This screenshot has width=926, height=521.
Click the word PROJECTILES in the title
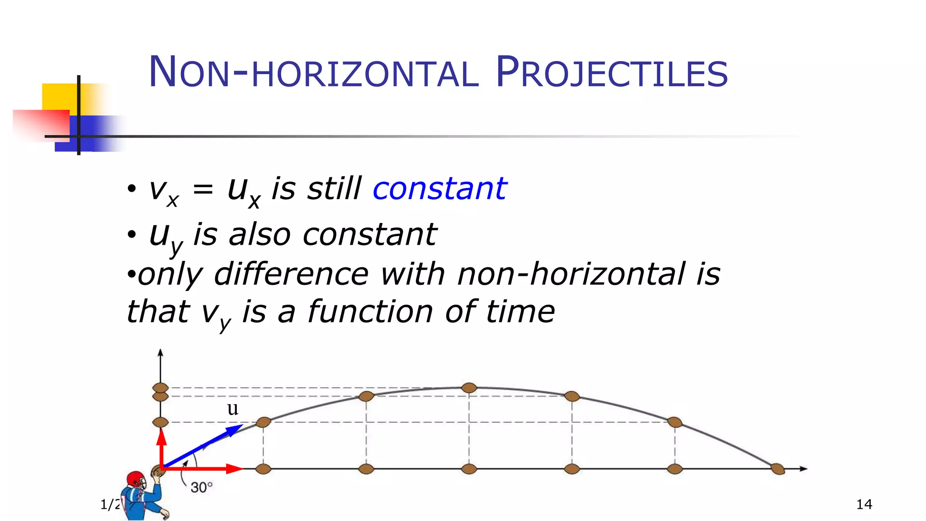[611, 72]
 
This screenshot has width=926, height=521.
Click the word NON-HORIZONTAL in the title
[313, 72]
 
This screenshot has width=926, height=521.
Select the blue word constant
[439, 189]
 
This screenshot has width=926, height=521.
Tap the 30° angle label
[201, 488]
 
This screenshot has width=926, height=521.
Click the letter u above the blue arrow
[232, 408]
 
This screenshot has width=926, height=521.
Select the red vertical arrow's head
[161, 436]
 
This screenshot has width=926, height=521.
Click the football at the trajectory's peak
[469, 388]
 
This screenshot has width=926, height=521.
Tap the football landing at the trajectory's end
[777, 469]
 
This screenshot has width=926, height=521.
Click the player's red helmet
[135, 479]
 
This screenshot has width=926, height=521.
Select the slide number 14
[864, 504]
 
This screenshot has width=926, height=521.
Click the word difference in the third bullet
[291, 274]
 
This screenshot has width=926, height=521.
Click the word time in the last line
[520, 312]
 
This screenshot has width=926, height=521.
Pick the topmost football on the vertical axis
[161, 388]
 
